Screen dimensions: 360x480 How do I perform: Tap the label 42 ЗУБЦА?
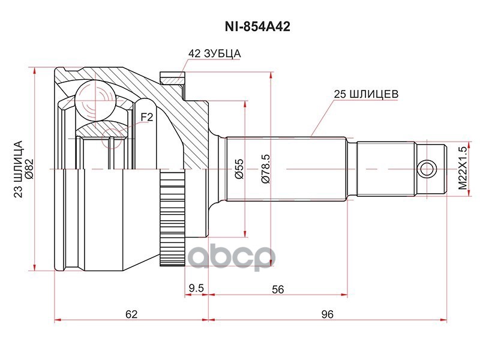(214, 53)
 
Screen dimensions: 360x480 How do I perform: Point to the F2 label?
(147, 117)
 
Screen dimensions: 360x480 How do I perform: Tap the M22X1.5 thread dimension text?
(462, 169)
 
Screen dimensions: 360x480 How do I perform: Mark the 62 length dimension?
(131, 314)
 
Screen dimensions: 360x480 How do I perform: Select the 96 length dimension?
(327, 314)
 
